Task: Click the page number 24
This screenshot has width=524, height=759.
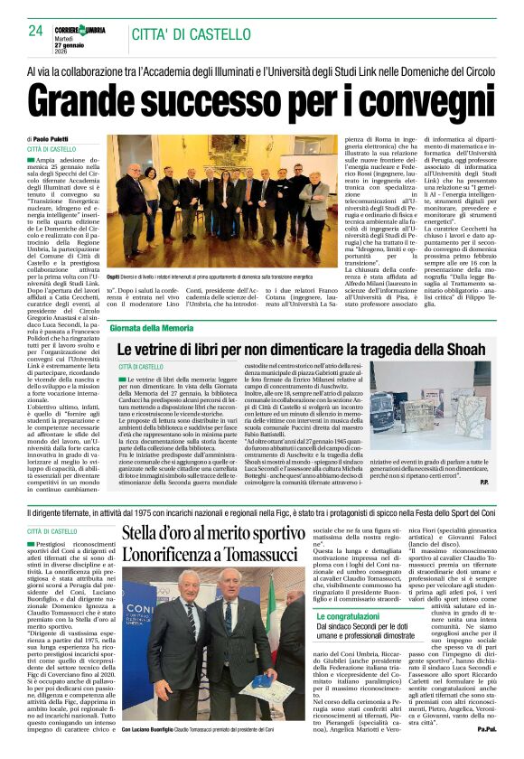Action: pyautogui.click(x=35, y=31)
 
